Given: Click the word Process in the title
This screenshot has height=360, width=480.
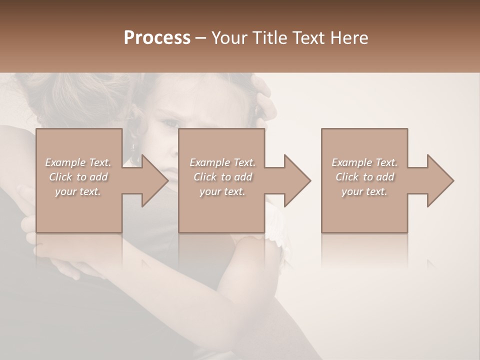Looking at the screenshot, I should (x=157, y=38).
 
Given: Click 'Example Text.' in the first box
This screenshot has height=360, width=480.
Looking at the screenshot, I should (x=78, y=162).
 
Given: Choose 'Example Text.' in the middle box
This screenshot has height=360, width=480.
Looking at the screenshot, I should (x=222, y=162).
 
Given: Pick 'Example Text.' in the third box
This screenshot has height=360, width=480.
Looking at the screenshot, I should (x=364, y=162).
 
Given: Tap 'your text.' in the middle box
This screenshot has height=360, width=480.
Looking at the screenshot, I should (x=222, y=191).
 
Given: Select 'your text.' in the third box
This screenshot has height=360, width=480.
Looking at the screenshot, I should (x=364, y=191).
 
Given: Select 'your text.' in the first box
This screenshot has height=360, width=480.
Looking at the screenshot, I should (x=78, y=191).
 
